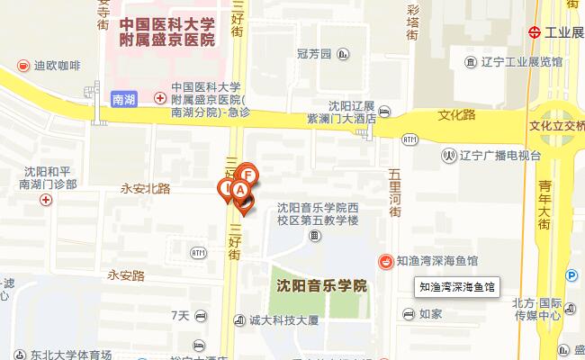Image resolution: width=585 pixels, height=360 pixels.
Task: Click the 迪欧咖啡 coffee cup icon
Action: click(x=23, y=66)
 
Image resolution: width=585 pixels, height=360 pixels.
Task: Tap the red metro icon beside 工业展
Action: click(x=534, y=31)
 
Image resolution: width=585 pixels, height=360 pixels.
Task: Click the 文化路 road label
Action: click(x=455, y=115)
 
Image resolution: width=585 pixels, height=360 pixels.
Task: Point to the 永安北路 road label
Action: click(x=145, y=188)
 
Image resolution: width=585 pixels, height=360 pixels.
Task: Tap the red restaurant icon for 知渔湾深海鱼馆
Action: click(x=385, y=261)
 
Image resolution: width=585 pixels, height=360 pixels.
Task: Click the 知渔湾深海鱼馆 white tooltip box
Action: click(x=458, y=288)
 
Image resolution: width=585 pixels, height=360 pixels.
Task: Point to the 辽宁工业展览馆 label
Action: click(x=520, y=63)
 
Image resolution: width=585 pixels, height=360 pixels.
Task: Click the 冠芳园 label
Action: click(x=314, y=54)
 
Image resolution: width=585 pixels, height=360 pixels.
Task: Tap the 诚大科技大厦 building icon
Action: click(x=239, y=319)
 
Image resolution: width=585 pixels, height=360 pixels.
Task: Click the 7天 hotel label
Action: click(x=180, y=315)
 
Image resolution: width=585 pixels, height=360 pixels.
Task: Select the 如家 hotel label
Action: click(x=430, y=314)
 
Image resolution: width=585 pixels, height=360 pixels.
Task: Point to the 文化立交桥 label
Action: click(x=557, y=127)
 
